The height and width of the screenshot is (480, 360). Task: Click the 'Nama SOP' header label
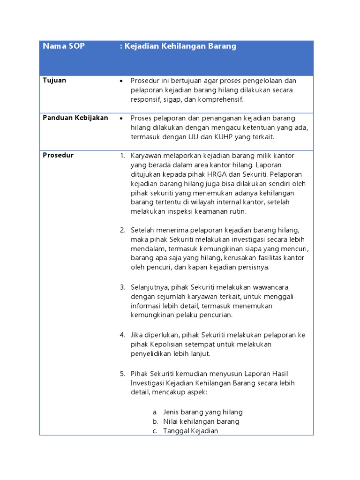point(64,46)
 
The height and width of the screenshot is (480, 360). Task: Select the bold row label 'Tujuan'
point(54,80)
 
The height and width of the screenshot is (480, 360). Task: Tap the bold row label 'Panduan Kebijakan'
point(75,118)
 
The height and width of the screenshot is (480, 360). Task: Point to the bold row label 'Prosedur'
point(58,155)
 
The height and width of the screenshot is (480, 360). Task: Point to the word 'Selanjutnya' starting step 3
point(148,287)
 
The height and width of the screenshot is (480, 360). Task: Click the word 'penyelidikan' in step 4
point(150,353)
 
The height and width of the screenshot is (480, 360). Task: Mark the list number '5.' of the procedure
point(122,374)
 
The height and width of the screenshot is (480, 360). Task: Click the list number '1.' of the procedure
point(122,156)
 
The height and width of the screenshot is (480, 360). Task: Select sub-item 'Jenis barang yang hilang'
point(202,412)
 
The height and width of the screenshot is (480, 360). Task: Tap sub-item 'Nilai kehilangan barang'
point(201,421)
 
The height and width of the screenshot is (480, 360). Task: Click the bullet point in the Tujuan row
point(121,81)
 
